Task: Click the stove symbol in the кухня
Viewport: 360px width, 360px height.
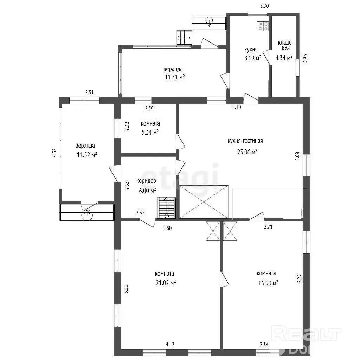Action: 263,26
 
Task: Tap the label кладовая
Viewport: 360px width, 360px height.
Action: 285,45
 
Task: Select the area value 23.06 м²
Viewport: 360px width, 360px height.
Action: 247,152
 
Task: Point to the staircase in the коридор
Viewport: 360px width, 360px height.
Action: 167,207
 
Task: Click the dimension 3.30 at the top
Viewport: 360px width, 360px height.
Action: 264,6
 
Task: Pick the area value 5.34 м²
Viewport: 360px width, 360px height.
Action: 150,132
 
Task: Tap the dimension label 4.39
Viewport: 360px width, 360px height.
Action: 54,153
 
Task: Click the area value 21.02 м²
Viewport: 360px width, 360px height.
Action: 166,282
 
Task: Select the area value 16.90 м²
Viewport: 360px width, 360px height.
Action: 268,283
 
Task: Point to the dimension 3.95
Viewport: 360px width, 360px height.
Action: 305,58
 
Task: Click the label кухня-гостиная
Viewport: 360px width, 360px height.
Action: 245,141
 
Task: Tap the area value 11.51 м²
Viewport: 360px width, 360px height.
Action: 175,77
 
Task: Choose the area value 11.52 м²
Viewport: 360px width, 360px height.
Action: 87,155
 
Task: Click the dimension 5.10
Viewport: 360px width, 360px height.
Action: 237,107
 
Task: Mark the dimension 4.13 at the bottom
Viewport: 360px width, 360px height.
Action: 170,345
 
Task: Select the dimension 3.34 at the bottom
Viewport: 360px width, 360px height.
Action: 264,345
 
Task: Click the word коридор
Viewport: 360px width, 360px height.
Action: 146,181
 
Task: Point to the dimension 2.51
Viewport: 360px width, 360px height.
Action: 90,92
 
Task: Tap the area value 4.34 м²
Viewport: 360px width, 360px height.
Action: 284,57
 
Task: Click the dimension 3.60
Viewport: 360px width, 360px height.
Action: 167,228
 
